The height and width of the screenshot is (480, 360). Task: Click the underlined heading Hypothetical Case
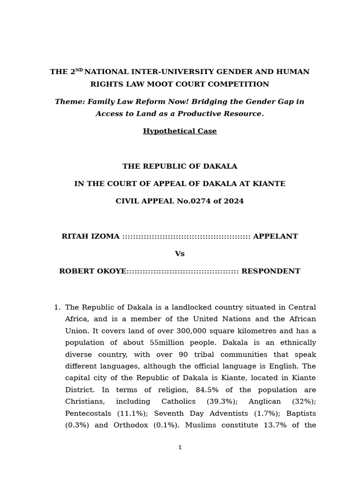pyautogui.click(x=180, y=131)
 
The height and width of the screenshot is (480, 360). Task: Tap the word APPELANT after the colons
pyautogui.click(x=275, y=237)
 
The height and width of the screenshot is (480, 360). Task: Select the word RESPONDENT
pyautogui.click(x=270, y=271)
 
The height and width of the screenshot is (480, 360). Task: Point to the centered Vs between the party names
pyautogui.click(x=180, y=254)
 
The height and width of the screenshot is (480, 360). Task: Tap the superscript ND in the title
pyautogui.click(x=79, y=70)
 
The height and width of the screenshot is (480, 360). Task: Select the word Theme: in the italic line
pyautogui.click(x=70, y=102)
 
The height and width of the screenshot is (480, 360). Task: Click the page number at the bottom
pyautogui.click(x=180, y=448)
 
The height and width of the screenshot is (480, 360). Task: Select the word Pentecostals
pyautogui.click(x=88, y=413)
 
